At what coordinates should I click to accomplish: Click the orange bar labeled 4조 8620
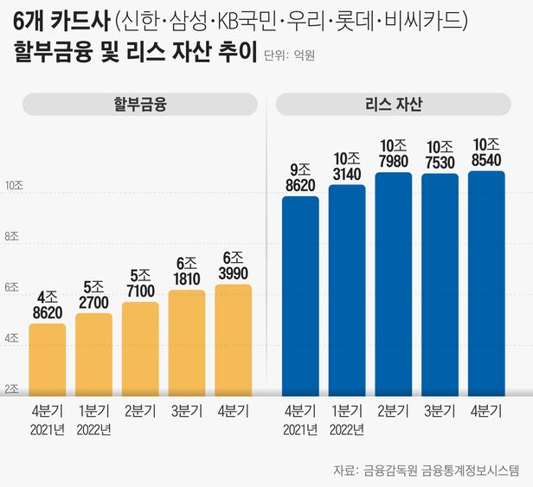click(48, 359)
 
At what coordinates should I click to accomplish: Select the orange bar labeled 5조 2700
click(93, 354)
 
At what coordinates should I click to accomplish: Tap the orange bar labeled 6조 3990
click(232, 340)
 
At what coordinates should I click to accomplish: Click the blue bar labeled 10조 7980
click(393, 284)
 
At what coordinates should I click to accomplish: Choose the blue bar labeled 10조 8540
click(485, 283)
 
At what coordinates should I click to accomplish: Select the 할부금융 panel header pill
click(139, 106)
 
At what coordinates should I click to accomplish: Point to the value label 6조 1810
click(186, 272)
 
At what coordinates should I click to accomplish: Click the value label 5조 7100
click(139, 285)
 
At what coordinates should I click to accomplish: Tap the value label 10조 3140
click(346, 167)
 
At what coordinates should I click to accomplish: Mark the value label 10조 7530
click(439, 155)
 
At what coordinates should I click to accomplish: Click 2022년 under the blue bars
click(346, 431)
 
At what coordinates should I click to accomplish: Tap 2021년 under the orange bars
click(48, 431)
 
